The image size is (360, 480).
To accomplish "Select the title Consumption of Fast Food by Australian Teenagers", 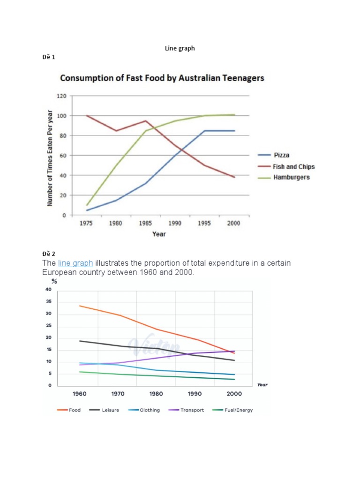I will [x=162, y=78].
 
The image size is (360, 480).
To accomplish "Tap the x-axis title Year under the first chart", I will [x=159, y=233].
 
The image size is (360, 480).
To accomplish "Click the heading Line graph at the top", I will [x=180, y=48].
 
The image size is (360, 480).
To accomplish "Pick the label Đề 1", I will [x=49, y=57].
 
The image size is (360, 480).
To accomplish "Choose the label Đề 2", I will [x=49, y=254].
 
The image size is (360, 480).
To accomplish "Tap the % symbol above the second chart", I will [x=54, y=281].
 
